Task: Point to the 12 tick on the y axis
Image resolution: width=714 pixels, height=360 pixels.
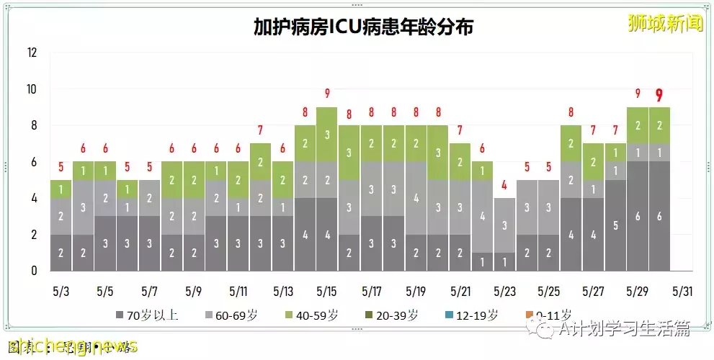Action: pos(32,53)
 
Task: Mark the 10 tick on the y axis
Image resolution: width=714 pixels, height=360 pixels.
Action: pos(32,89)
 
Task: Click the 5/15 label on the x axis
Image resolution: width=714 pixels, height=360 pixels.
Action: pos(326,292)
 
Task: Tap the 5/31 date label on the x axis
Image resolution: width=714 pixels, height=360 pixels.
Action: pos(682,292)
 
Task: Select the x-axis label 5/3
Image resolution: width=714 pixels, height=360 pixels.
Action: pos(61,292)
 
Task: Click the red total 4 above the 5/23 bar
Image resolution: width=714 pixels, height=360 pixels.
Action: pos(504,184)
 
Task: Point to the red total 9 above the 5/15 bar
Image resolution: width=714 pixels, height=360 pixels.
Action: pos(327,93)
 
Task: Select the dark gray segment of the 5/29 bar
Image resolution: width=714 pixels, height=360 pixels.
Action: pos(638,216)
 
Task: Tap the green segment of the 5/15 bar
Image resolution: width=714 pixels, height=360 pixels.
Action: pos(327,135)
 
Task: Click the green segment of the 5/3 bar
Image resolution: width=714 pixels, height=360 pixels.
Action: pos(61,189)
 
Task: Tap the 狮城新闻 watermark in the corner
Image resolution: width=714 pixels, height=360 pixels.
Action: pos(664,22)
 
